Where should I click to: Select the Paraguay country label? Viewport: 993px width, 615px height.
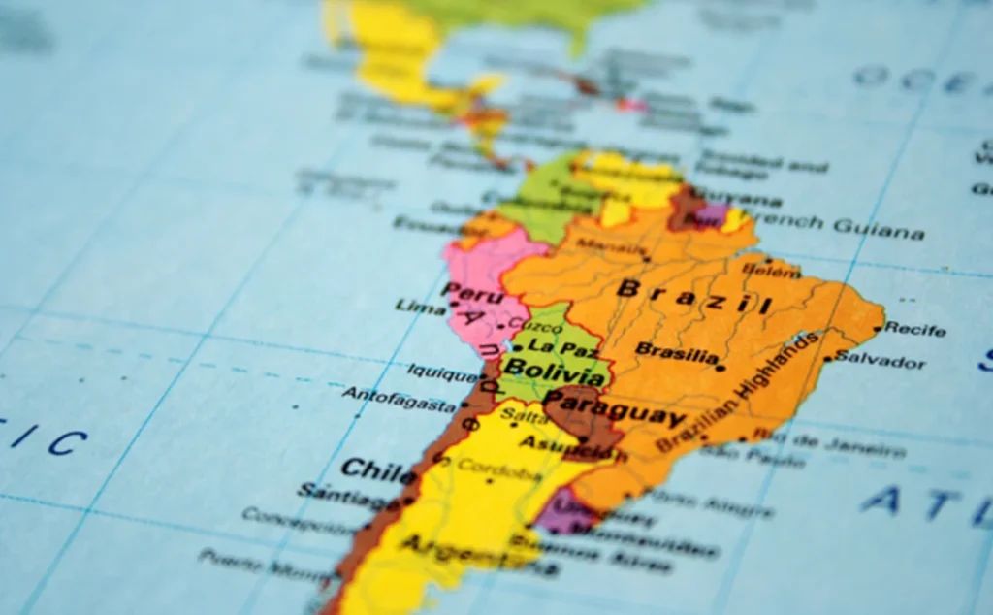click(x=614, y=407)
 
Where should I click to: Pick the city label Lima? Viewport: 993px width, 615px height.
click(x=420, y=307)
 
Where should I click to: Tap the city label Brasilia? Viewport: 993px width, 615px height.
click(x=677, y=352)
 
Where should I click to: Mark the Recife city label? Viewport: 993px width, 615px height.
click(x=914, y=329)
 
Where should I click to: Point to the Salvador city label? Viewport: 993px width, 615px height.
click(x=881, y=361)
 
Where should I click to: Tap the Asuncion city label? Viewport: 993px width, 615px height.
click(x=555, y=445)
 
